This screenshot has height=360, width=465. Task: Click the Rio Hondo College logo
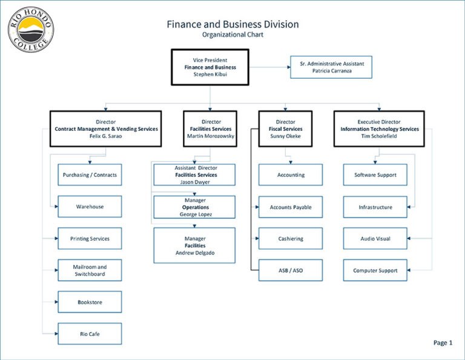click(x=30, y=30)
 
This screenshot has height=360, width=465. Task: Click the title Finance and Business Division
click(x=232, y=24)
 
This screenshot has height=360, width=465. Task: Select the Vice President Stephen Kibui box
click(x=210, y=67)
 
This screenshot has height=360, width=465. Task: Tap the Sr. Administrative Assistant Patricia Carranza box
click(x=331, y=67)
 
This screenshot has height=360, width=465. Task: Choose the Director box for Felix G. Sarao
click(x=106, y=128)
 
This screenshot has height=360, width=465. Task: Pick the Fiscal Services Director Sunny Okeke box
click(x=285, y=128)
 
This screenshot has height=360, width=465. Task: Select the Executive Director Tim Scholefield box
click(x=379, y=128)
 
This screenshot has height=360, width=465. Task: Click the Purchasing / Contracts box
click(x=90, y=175)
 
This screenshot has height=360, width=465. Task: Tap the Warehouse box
click(x=90, y=207)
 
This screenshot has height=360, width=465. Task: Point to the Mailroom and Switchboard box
click(x=90, y=270)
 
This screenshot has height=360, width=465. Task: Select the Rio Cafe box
click(x=90, y=334)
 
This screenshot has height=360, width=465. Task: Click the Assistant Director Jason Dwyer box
click(x=194, y=175)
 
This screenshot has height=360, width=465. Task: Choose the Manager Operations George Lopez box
click(x=194, y=207)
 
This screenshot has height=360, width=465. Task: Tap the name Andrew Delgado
click(x=194, y=253)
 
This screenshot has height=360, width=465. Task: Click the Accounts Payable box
click(x=291, y=207)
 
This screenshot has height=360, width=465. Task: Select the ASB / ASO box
click(x=291, y=270)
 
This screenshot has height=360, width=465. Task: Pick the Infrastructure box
click(x=375, y=207)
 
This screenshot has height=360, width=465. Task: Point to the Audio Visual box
click(x=375, y=238)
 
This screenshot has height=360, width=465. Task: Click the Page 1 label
click(x=443, y=343)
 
